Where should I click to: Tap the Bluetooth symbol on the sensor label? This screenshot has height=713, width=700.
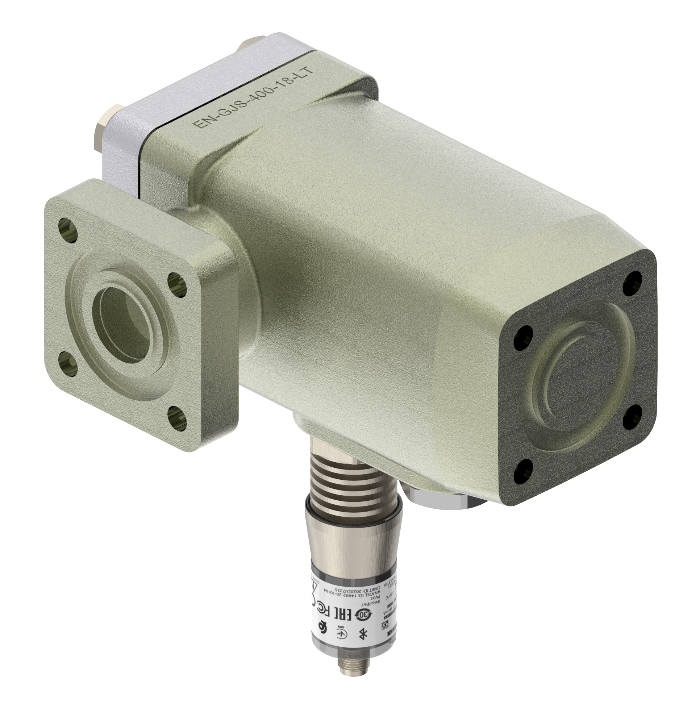pos(363,634)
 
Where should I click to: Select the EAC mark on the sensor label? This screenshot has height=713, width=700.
pos(343,614)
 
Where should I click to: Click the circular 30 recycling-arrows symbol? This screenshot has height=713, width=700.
pos(363,615)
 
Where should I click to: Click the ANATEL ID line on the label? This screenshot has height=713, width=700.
pos(353,595)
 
